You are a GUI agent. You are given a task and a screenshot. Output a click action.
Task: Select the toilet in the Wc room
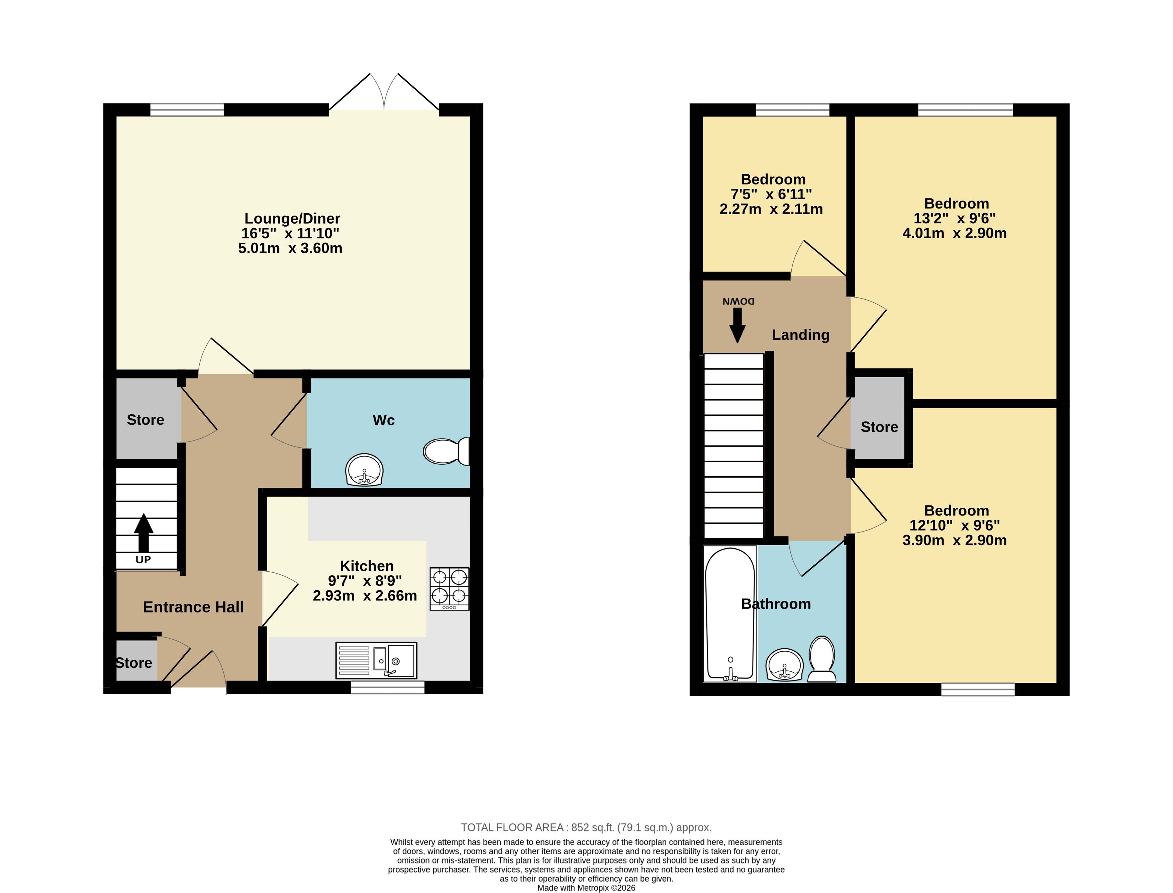(x=446, y=451)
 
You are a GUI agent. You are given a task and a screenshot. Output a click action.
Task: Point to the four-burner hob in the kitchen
(x=450, y=589)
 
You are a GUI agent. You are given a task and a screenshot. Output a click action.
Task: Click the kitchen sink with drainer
(x=376, y=660)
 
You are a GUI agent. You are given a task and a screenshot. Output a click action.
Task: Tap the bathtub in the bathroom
(x=730, y=614)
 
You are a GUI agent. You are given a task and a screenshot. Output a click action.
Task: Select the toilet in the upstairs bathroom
(x=822, y=659)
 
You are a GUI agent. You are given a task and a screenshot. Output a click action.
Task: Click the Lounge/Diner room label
(x=292, y=219)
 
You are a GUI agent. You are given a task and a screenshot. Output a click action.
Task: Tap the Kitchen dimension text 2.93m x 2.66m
(x=365, y=596)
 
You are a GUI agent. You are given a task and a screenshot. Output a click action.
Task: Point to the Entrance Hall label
(x=193, y=607)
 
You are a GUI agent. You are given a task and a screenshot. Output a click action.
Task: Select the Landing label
(x=801, y=335)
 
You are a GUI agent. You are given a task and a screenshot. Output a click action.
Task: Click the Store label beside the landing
(x=879, y=427)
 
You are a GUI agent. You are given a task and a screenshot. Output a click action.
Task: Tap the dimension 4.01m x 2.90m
(x=955, y=233)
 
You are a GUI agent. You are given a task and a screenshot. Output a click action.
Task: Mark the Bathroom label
(x=776, y=604)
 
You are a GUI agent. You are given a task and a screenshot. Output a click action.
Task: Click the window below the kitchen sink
(x=388, y=687)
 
